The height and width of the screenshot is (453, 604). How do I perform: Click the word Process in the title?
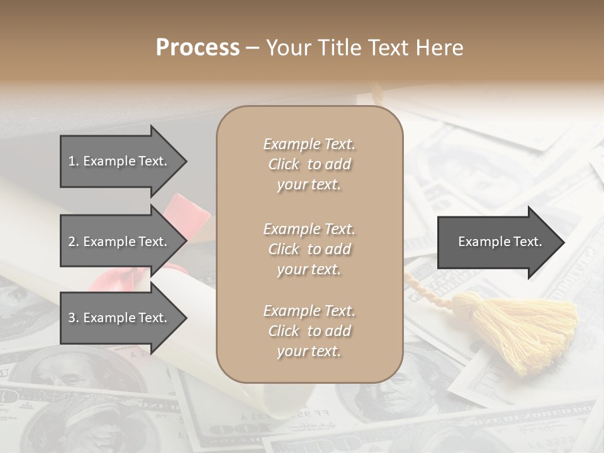coord(198,48)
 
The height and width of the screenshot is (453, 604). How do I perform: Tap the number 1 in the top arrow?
coord(72,161)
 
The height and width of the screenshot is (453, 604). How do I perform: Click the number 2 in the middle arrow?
coord(72,242)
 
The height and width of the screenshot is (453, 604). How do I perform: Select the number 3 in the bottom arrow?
coord(72,318)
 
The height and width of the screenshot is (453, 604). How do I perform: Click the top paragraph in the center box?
coord(309,164)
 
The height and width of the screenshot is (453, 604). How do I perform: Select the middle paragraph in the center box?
coord(309,249)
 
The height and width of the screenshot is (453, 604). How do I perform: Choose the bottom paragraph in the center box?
coord(309,331)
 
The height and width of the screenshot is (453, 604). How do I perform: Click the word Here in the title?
coord(440,48)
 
